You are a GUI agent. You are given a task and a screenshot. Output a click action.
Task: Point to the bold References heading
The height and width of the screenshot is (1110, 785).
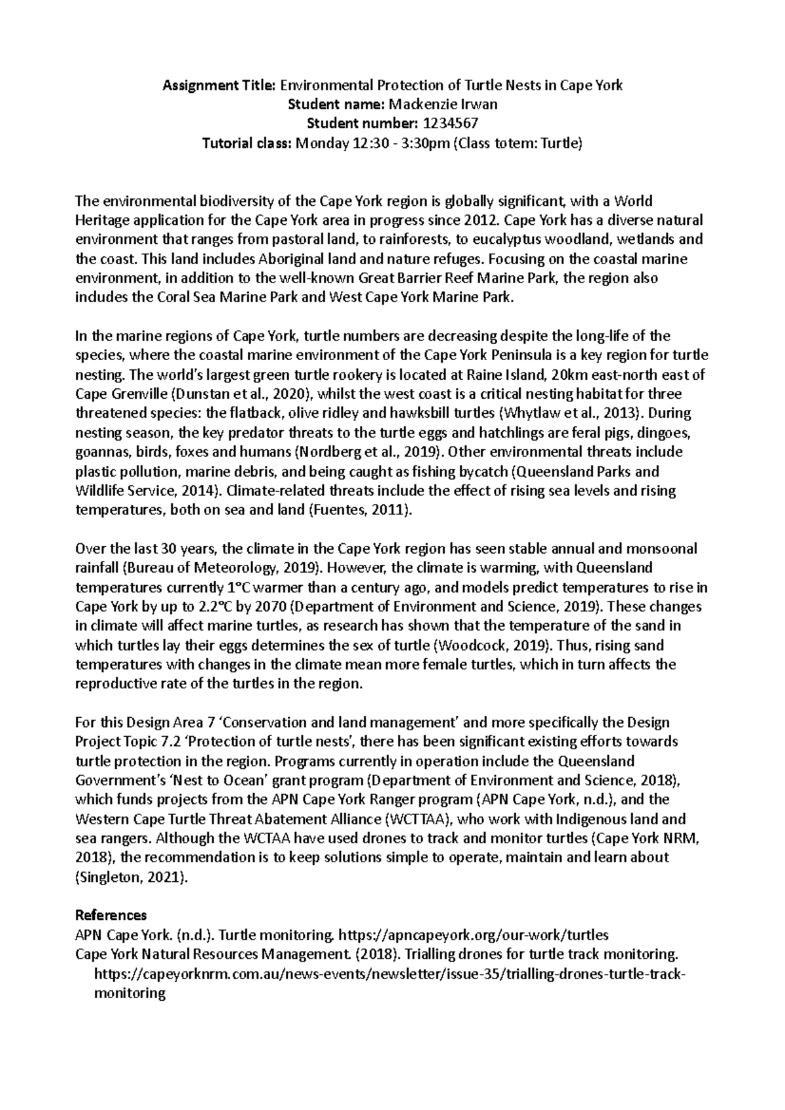[x=111, y=914]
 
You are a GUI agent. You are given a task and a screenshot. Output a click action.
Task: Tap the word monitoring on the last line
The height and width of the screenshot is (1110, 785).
[x=130, y=992]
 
